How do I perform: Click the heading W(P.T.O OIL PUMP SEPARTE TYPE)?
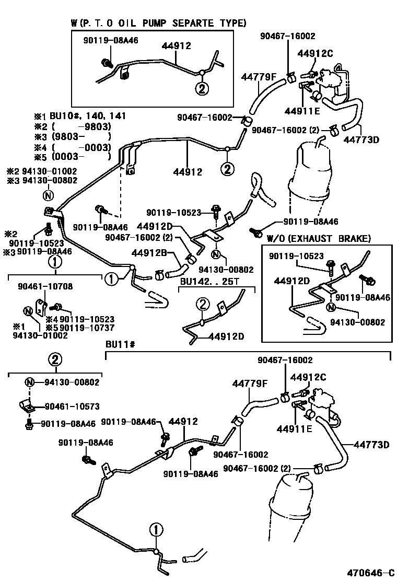point(158,23)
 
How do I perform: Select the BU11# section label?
point(121,345)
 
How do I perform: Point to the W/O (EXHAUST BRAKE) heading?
point(319,239)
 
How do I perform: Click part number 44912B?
point(149,253)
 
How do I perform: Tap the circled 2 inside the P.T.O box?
point(202,88)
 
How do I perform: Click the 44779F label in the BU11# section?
point(250,384)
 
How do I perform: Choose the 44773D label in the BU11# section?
point(371,445)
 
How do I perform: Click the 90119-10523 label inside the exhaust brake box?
point(297,255)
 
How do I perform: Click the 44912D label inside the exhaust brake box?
point(292,281)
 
